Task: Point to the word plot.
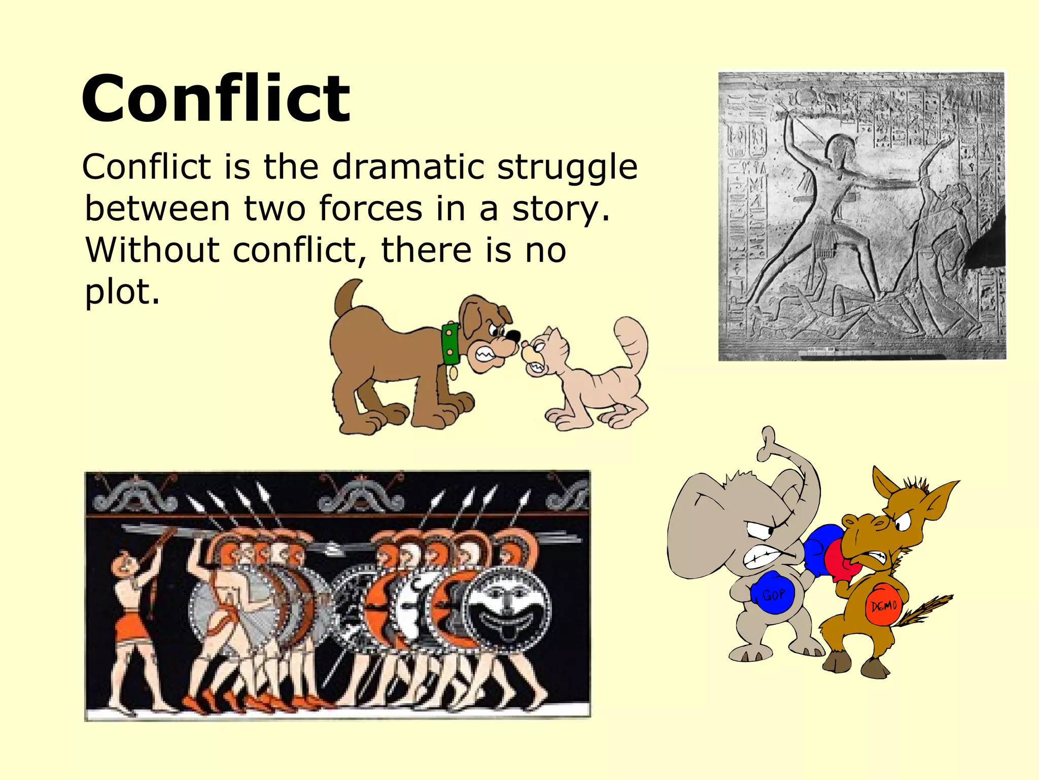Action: tap(122, 292)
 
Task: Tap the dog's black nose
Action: tap(513, 336)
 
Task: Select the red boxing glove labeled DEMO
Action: tap(883, 604)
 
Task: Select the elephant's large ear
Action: tap(700, 528)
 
